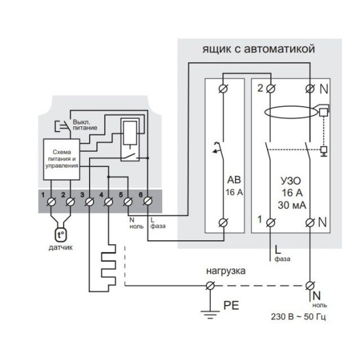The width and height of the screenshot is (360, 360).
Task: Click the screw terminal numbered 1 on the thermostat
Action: click(51, 202)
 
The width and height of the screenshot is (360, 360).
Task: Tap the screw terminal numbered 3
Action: click(89, 202)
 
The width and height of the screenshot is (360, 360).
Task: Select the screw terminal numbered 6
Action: click(148, 202)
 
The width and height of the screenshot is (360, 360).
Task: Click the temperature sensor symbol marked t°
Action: click(61, 235)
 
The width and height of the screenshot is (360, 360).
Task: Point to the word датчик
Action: click(61, 247)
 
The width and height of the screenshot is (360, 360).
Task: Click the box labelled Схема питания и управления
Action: click(62, 159)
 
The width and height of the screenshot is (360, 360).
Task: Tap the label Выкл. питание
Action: click(85, 124)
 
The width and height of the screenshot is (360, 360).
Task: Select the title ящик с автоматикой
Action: click(259, 49)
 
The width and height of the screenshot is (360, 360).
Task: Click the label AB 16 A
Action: click(234, 186)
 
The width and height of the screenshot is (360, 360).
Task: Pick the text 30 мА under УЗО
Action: click(292, 206)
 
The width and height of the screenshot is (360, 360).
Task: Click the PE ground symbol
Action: click(210, 314)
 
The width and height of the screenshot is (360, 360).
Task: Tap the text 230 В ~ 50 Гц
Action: click(298, 317)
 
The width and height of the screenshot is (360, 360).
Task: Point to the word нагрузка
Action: click(226, 271)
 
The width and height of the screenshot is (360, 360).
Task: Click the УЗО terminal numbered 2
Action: click(271, 88)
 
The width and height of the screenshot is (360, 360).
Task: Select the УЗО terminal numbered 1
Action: click(271, 223)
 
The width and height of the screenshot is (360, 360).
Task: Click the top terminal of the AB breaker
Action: click(223, 88)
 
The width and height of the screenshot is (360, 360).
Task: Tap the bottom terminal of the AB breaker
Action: click(223, 223)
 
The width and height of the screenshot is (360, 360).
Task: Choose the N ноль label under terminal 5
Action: click(136, 223)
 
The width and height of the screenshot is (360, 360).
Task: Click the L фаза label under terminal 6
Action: click(158, 223)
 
